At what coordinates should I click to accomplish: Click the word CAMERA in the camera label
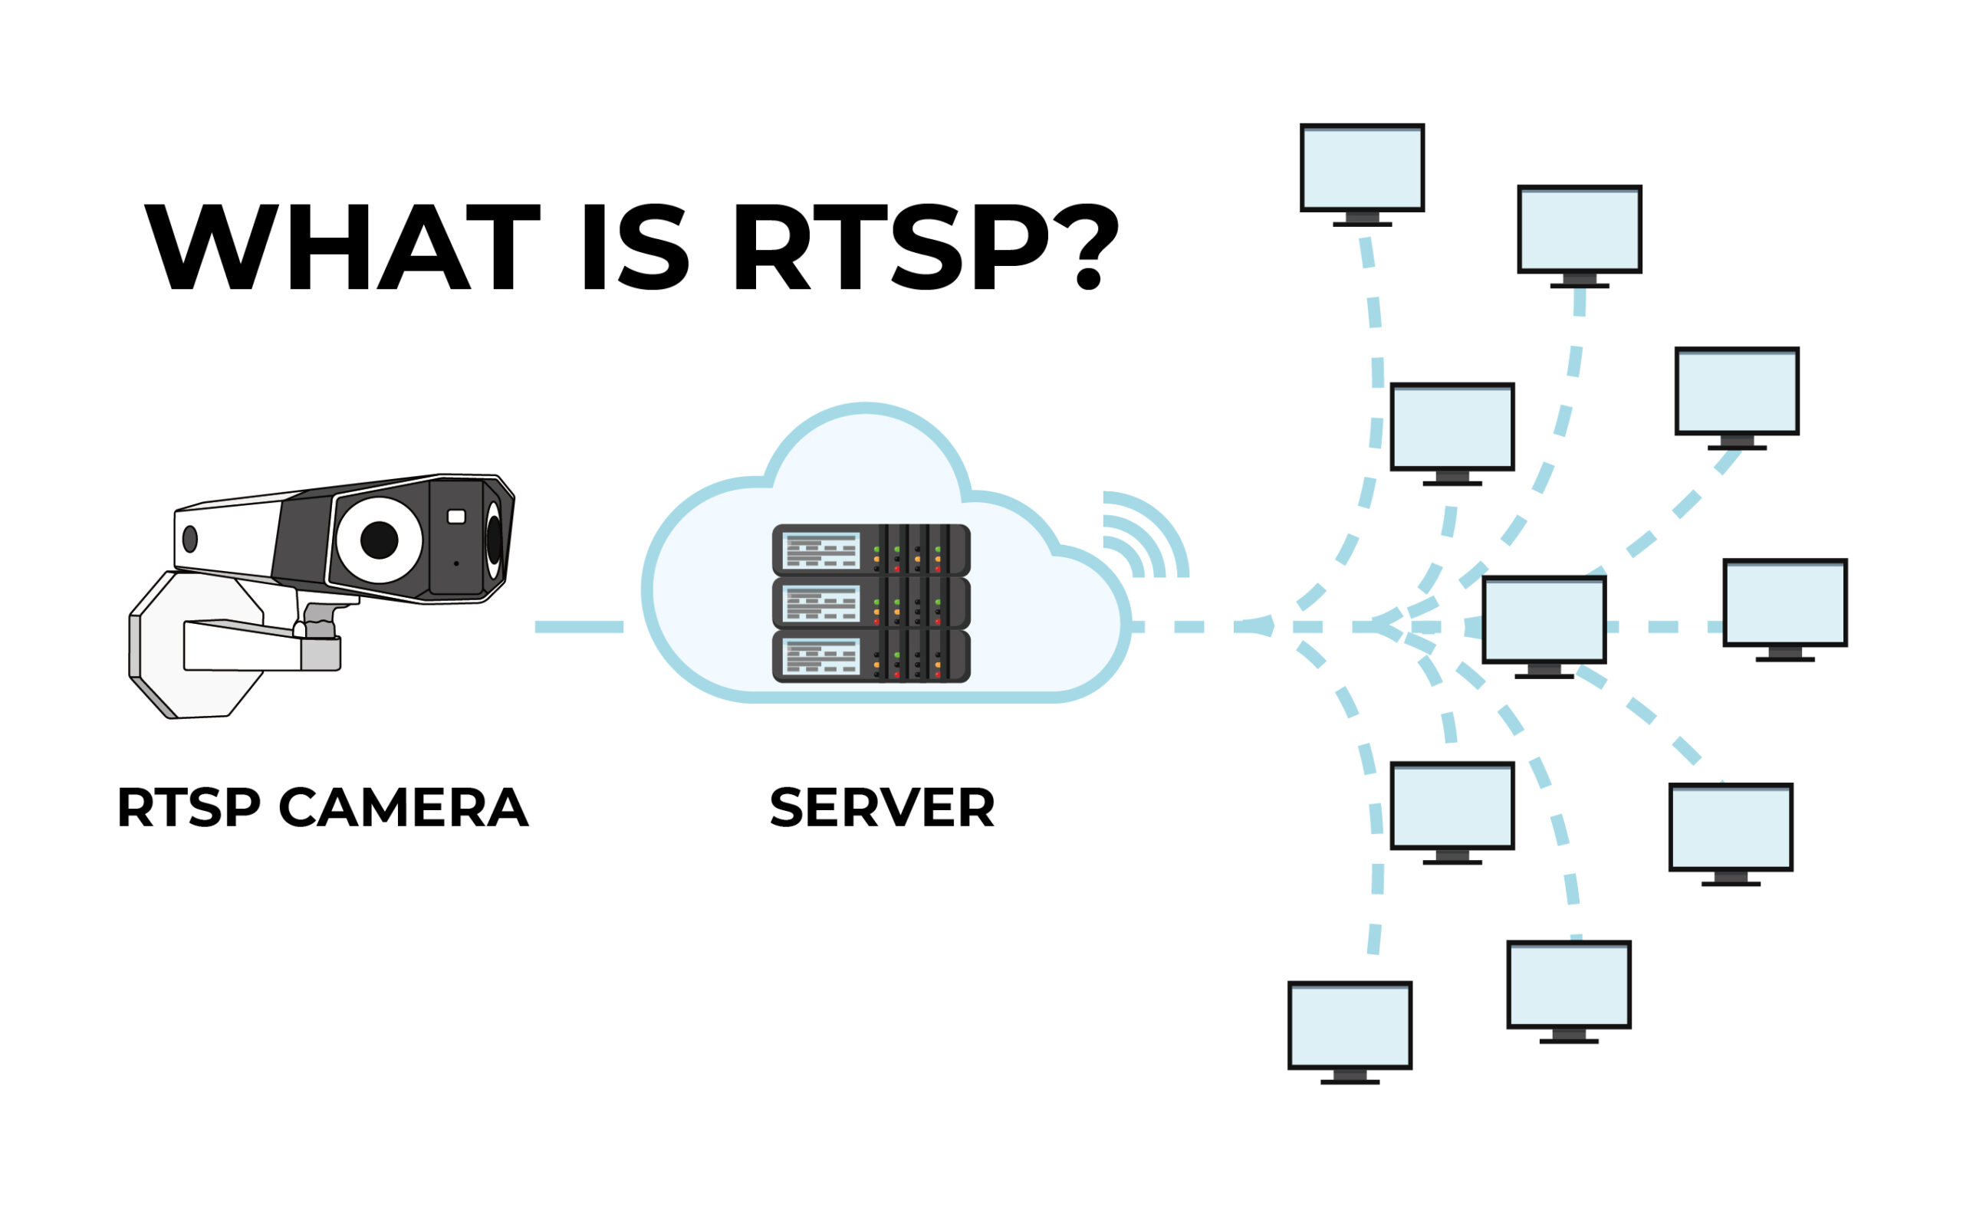click(403, 808)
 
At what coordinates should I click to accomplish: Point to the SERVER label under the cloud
click(882, 808)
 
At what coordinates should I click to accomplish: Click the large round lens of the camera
click(379, 540)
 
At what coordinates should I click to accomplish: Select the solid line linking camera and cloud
click(579, 627)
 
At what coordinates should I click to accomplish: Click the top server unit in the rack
click(870, 550)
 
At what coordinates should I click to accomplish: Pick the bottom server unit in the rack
click(870, 656)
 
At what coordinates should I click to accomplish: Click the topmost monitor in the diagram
click(1362, 168)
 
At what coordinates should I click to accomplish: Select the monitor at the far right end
click(1784, 602)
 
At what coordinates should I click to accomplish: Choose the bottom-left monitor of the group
click(1350, 1026)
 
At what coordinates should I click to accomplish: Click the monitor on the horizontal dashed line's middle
click(1544, 620)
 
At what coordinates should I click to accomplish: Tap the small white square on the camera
click(456, 517)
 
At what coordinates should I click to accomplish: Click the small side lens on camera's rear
click(190, 540)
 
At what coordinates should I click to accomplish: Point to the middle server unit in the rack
click(870, 603)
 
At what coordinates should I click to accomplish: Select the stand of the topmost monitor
click(1362, 220)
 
